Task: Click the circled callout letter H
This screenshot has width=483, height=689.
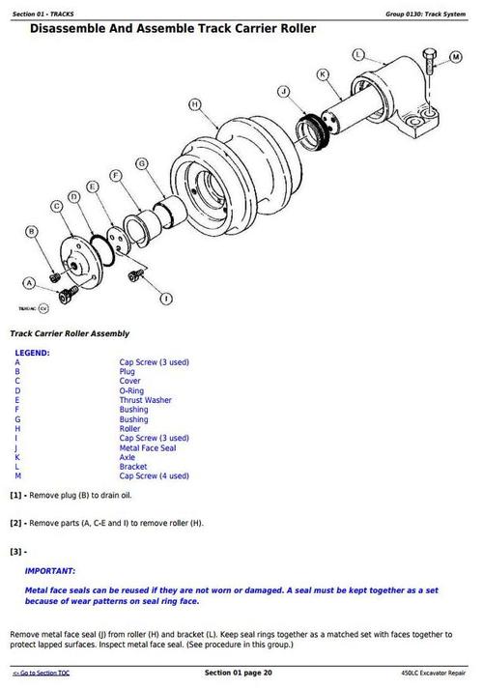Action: [195, 103]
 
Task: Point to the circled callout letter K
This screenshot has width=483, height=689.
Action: [324, 73]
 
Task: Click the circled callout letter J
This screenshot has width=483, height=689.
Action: [283, 92]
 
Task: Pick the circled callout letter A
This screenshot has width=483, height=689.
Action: [29, 282]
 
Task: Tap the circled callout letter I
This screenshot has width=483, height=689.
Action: [166, 298]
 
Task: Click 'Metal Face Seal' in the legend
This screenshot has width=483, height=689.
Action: [150, 447]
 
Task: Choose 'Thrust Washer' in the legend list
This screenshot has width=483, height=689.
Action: [146, 399]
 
